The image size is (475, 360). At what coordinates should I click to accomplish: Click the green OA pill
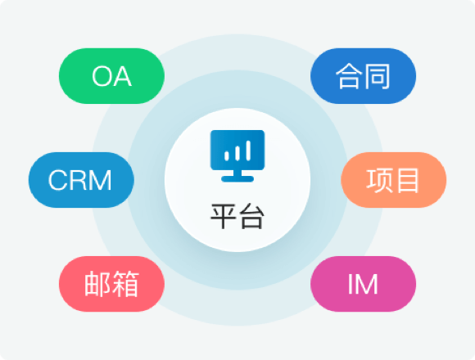click(111, 76)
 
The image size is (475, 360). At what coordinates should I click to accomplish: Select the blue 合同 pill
click(364, 76)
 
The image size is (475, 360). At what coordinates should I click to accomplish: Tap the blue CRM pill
click(81, 180)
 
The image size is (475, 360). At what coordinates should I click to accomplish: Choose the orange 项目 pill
click(393, 180)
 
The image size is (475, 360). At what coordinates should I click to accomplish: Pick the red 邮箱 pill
click(111, 284)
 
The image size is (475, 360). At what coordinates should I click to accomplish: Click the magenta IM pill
click(364, 284)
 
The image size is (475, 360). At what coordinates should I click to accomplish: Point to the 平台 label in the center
click(237, 217)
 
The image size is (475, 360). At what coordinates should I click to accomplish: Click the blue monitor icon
click(237, 155)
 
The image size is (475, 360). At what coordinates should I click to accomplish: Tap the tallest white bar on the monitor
click(248, 151)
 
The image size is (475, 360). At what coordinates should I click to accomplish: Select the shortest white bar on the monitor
click(227, 155)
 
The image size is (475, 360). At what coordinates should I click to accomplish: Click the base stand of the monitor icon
click(237, 179)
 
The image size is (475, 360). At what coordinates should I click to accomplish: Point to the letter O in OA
click(102, 77)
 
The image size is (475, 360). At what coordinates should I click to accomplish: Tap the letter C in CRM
click(58, 180)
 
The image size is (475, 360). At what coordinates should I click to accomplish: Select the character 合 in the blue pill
click(349, 76)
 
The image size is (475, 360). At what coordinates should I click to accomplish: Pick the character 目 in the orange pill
click(408, 181)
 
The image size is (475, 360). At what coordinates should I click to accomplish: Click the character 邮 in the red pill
click(97, 284)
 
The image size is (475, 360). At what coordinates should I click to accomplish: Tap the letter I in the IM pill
click(351, 284)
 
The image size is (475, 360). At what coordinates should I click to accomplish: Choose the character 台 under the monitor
click(251, 217)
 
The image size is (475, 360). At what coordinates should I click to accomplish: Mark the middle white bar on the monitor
click(237, 153)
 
